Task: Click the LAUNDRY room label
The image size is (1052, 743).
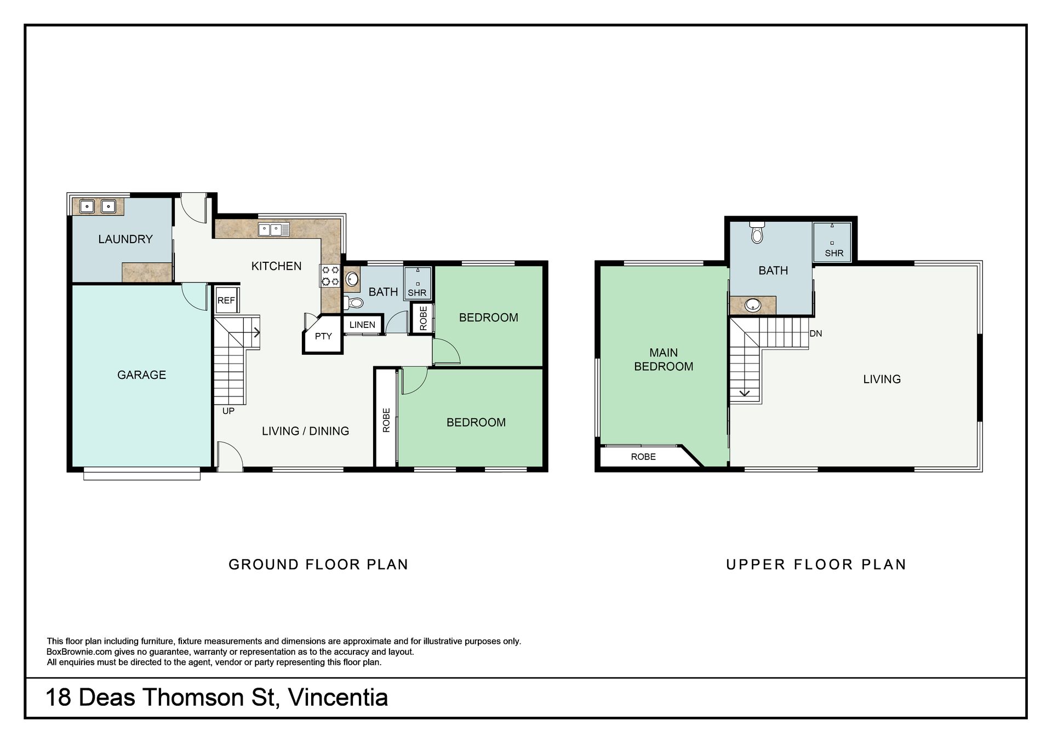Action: click(x=125, y=239)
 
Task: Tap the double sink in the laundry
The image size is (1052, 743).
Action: click(x=98, y=206)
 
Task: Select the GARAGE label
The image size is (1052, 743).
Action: click(x=141, y=375)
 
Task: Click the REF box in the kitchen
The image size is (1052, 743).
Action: click(x=226, y=300)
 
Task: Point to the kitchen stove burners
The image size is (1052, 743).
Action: click(x=330, y=275)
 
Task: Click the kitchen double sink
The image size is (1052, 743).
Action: click(x=274, y=229)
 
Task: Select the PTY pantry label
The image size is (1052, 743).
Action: click(x=323, y=336)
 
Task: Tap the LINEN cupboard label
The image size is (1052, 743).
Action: click(x=362, y=325)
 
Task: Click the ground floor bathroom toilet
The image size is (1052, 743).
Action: click(x=354, y=302)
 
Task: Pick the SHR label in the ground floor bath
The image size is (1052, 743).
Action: click(x=417, y=293)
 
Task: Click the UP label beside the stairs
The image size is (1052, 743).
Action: click(x=228, y=411)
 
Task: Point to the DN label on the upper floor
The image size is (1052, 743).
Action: click(x=816, y=333)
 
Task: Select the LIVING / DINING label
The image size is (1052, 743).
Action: click(x=305, y=431)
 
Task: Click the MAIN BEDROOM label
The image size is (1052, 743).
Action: click(x=664, y=360)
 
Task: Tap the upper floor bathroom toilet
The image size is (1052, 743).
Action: click(x=757, y=232)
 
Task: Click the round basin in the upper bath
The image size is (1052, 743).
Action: click(x=753, y=304)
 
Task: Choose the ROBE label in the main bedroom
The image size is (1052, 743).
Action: click(x=643, y=457)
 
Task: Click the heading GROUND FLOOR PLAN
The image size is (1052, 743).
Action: click(x=318, y=565)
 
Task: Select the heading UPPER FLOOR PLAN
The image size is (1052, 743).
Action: click(x=816, y=565)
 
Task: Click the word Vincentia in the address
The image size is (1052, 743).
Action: click(x=338, y=698)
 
